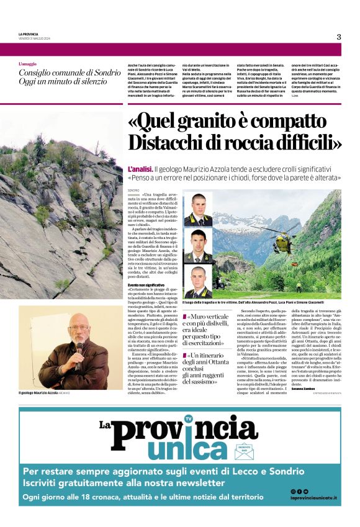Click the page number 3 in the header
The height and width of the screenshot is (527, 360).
tap(339, 37)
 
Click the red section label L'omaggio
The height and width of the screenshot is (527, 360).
tap(28, 64)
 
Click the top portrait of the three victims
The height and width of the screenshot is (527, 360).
tap(198, 210)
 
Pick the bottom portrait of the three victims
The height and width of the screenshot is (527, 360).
tap(198, 281)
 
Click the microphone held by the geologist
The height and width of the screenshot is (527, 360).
tap(79, 347)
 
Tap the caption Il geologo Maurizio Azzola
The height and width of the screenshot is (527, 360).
tap(38, 393)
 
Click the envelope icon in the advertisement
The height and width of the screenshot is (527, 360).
tap(244, 451)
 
